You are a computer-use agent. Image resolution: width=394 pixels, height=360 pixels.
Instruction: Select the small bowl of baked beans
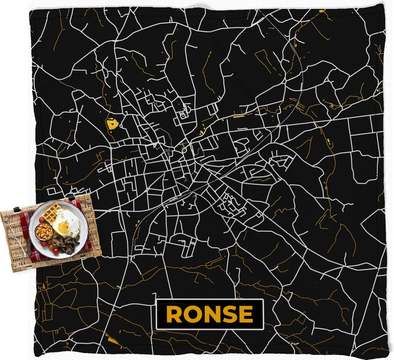click(x=44, y=232)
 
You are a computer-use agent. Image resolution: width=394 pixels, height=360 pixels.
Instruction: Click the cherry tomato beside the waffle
click(x=41, y=219)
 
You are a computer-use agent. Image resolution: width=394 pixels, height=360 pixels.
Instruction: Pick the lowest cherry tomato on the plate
click(x=55, y=251)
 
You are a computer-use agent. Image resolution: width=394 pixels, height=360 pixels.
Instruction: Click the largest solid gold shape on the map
click(x=112, y=124)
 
